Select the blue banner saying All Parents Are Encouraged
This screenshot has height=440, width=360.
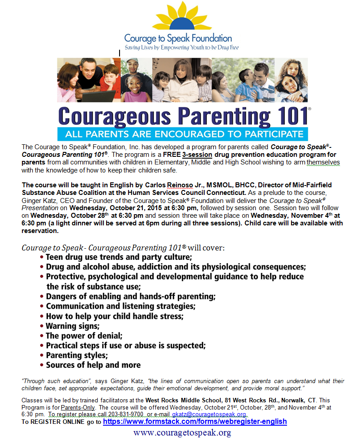[x=182, y=134]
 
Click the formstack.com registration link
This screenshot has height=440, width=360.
[x=195, y=422]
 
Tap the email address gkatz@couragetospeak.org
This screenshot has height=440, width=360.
[x=209, y=414]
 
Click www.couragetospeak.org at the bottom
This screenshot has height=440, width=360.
[x=182, y=432]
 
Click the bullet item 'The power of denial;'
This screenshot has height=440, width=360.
[x=84, y=336]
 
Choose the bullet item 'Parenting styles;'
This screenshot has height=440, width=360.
[x=77, y=355]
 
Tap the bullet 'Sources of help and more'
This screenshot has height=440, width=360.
[x=93, y=365]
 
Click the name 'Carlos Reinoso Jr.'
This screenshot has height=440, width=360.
[x=157, y=185]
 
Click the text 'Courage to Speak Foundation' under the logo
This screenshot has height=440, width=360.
[x=178, y=39]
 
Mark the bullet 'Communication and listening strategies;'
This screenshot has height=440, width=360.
[x=121, y=306]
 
